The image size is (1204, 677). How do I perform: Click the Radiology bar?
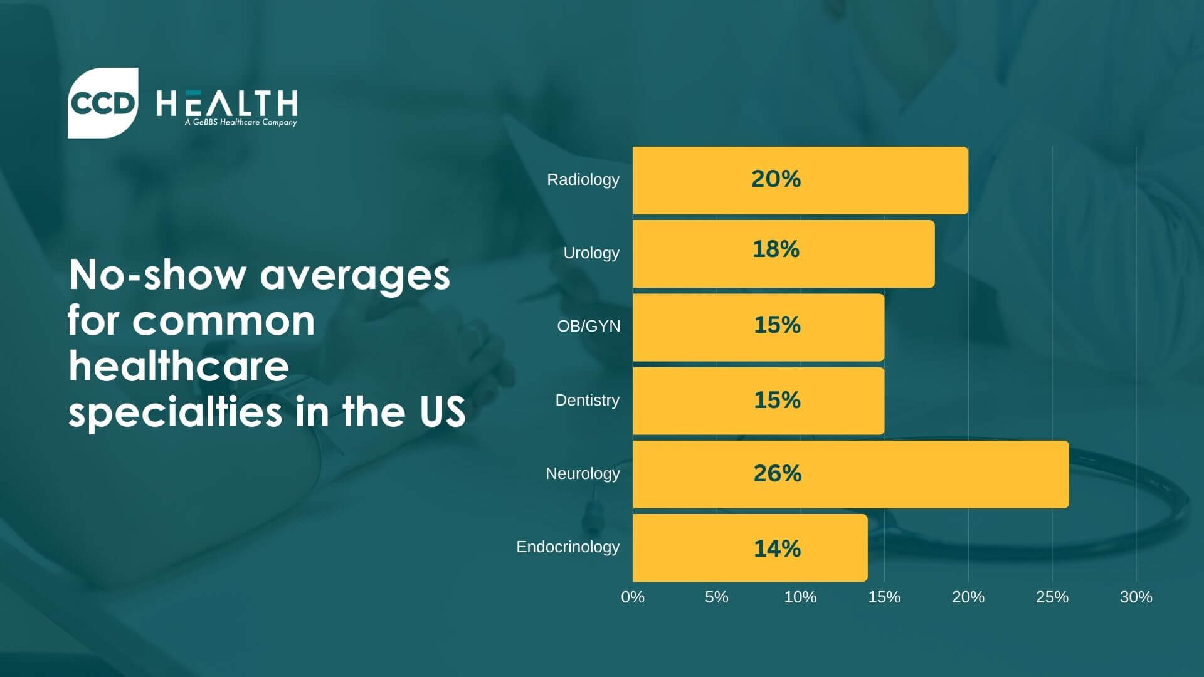pyautogui.click(x=800, y=181)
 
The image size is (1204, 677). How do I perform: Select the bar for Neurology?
pyautogui.click(x=850, y=475)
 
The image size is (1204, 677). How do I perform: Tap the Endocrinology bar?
pyautogui.click(x=750, y=548)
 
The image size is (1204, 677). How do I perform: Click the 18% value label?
pyautogui.click(x=776, y=249)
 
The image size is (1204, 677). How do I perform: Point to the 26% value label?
pyautogui.click(x=777, y=473)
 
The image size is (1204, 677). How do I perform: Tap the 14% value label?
pyautogui.click(x=777, y=548)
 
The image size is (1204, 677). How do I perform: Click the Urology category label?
pyautogui.click(x=591, y=253)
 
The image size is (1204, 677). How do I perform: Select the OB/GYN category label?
pyautogui.click(x=588, y=326)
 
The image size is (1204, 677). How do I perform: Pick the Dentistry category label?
pyautogui.click(x=587, y=400)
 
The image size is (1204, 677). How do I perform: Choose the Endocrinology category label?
pyautogui.click(x=568, y=547)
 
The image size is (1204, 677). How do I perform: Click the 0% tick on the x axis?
pyautogui.click(x=633, y=597)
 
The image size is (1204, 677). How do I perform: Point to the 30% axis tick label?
pyautogui.click(x=1136, y=597)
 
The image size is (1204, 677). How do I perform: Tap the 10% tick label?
pyautogui.click(x=800, y=597)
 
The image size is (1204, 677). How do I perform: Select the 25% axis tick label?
pyautogui.click(x=1052, y=597)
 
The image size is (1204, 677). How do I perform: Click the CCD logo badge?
pyautogui.click(x=103, y=103)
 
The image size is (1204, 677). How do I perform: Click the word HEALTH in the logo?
pyautogui.click(x=226, y=103)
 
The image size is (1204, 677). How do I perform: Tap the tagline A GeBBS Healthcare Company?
pyautogui.click(x=241, y=123)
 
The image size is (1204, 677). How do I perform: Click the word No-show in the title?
pyautogui.click(x=157, y=275)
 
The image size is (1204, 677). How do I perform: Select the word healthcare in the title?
pyautogui.click(x=179, y=367)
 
